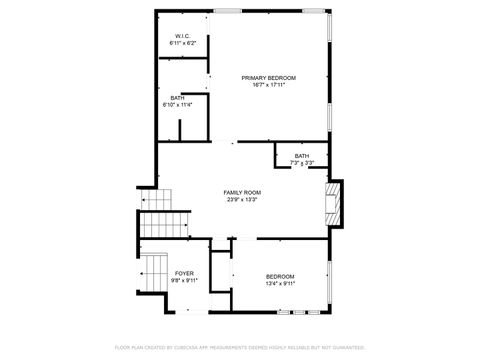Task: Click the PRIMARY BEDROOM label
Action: pyautogui.click(x=268, y=77)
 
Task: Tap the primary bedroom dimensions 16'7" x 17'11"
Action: pyautogui.click(x=268, y=84)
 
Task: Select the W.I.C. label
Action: pyautogui.click(x=183, y=36)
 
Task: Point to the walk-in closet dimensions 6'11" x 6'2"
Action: pyautogui.click(x=183, y=43)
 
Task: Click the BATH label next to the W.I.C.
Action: pyautogui.click(x=176, y=97)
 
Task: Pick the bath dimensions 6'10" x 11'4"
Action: pyautogui.click(x=176, y=104)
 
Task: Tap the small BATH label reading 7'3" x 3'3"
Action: pyautogui.click(x=301, y=156)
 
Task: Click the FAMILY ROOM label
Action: pyautogui.click(x=241, y=191)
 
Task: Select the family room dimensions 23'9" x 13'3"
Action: pyautogui.click(x=241, y=198)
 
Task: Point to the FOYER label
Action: pyautogui.click(x=185, y=273)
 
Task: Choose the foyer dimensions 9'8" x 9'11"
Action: pyautogui.click(x=185, y=280)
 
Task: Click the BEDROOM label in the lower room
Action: pyautogui.click(x=280, y=276)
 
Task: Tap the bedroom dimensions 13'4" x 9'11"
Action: pyautogui.click(x=280, y=283)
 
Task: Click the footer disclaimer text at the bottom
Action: pyautogui.click(x=240, y=347)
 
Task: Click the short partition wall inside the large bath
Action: pyautogui.click(x=179, y=131)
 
